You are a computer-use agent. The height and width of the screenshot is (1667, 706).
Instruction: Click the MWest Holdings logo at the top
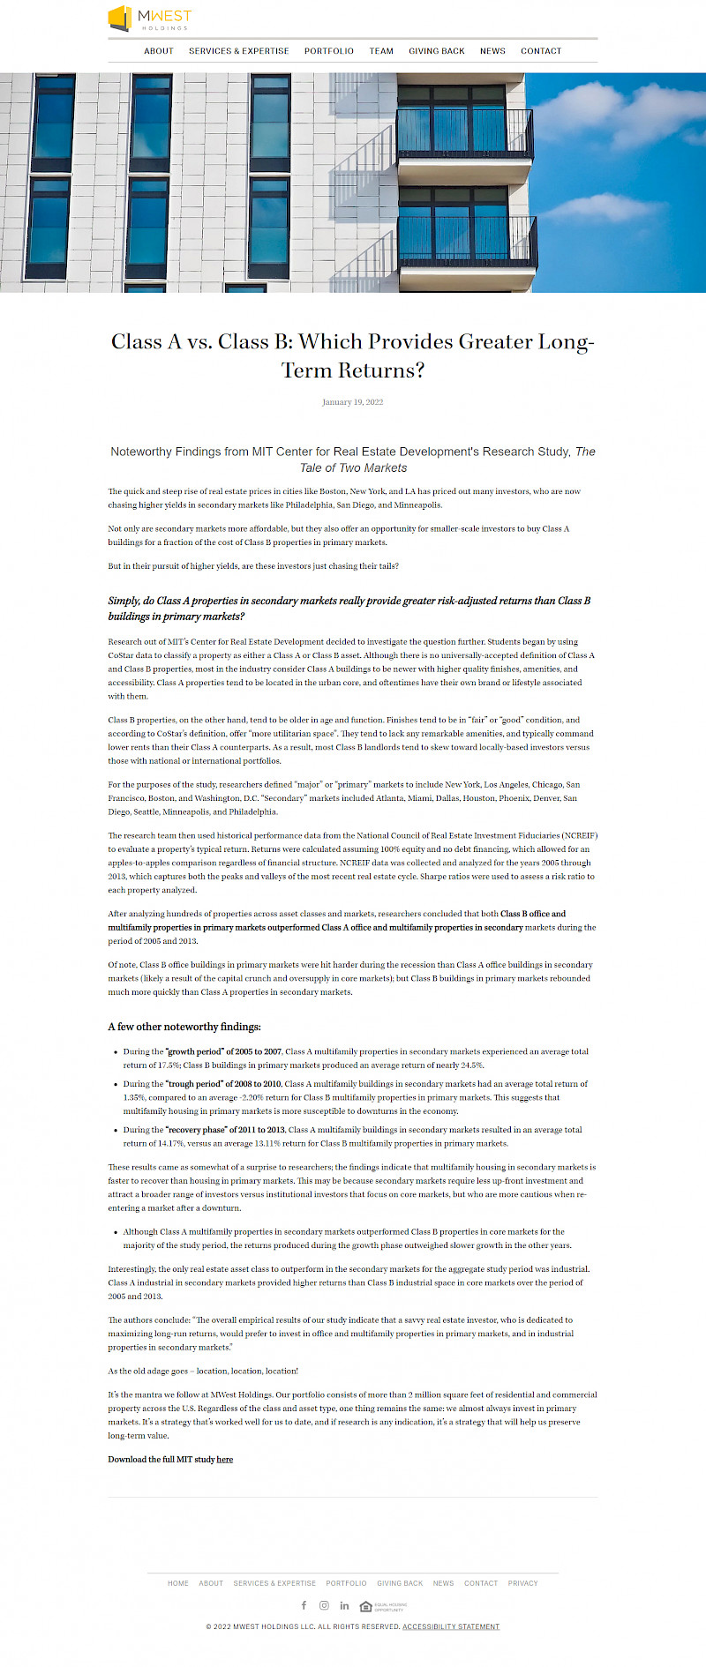pos(149,19)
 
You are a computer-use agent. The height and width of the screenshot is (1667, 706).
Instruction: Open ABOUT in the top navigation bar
pos(159,51)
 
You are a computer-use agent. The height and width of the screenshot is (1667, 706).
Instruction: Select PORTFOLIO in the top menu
pos(329,51)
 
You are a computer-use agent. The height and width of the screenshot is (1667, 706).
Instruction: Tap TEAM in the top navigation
pos(381,51)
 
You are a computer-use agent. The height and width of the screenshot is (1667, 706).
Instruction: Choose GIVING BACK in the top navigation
pos(437,51)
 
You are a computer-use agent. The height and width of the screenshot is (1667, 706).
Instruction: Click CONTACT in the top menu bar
pos(541,51)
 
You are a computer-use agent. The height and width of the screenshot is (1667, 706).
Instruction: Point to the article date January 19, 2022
pos(353,402)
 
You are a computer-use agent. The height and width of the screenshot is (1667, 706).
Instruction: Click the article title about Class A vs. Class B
pos(353,355)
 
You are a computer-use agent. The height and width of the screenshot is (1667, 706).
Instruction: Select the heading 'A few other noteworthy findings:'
pos(184,1027)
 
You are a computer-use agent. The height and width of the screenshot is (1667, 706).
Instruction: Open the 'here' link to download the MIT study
pos(225,1460)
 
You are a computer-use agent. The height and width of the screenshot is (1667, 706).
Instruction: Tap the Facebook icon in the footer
pos(304,1605)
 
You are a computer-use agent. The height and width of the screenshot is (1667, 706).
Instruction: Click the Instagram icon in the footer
pos(324,1605)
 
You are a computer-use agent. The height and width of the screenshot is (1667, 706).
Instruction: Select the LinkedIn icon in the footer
pos(344,1605)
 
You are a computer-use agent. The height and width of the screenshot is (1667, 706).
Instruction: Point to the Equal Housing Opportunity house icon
pos(366,1606)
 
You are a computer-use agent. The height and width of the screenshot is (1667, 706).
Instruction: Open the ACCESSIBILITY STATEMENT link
pos(451,1626)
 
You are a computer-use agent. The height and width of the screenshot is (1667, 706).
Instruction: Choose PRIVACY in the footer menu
pos(522,1583)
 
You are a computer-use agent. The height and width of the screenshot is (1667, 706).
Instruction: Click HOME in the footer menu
pos(178,1583)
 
